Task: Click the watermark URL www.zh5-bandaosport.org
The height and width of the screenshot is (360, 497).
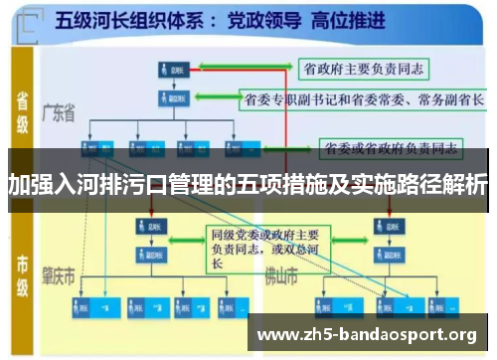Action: pos(367,334)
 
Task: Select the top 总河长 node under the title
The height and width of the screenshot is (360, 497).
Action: pos(170,70)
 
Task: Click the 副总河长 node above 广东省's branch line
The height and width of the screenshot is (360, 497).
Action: pos(170,99)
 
